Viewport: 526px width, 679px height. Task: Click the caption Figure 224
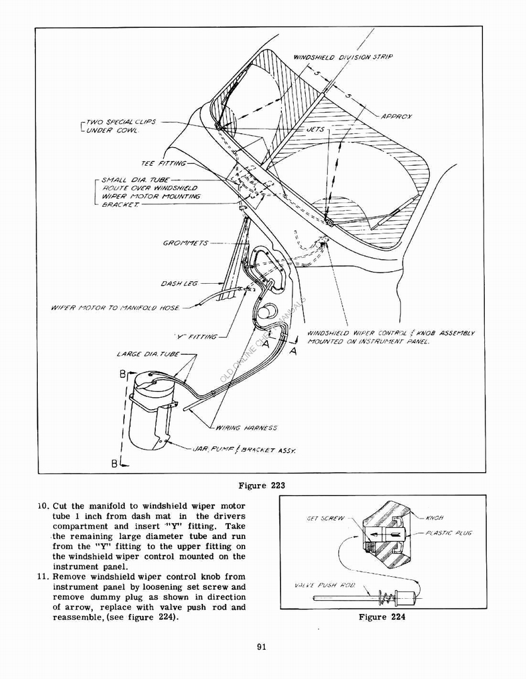tap(381, 617)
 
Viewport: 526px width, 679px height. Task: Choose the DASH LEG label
tap(179, 284)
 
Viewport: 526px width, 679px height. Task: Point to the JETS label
tap(315, 130)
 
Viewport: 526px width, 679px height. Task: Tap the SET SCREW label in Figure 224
tap(325, 519)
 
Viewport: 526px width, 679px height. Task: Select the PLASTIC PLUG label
tap(449, 533)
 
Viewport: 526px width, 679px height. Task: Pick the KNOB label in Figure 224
tap(435, 517)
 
